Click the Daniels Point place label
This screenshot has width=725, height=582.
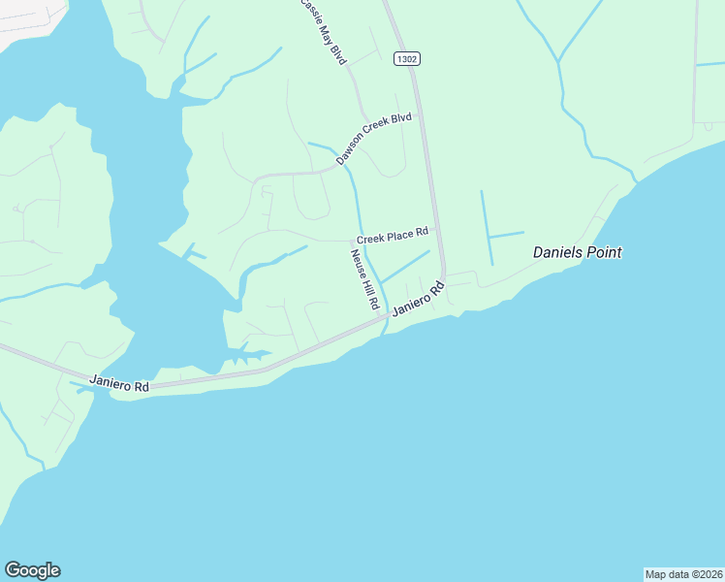(577, 252)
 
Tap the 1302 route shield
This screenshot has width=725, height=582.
(407, 59)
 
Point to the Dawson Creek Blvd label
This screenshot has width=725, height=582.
(374, 139)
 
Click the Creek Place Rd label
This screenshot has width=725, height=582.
(392, 236)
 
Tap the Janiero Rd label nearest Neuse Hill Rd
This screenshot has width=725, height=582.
(418, 299)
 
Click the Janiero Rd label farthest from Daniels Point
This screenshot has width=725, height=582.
(119, 383)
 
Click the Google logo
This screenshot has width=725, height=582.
(32, 570)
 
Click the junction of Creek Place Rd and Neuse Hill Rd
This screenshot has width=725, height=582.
(351, 241)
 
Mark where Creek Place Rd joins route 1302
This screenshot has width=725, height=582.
(437, 229)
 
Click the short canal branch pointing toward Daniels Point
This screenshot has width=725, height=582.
(507, 234)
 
